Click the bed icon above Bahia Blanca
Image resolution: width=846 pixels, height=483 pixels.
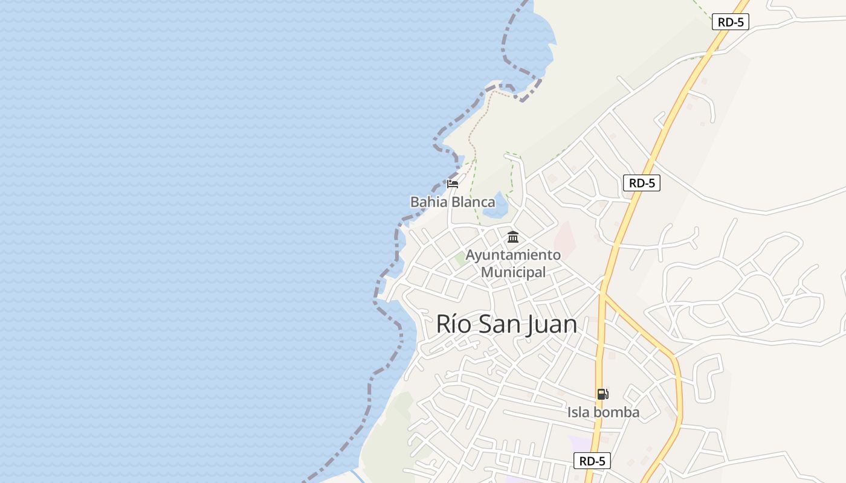(453, 184)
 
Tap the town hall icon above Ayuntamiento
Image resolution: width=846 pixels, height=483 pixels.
(513, 237)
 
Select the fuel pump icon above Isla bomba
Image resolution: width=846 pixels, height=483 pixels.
(602, 394)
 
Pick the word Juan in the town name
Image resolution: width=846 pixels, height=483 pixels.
(552, 325)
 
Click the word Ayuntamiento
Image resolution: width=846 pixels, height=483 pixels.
(513, 255)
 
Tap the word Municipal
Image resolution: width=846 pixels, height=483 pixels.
(513, 272)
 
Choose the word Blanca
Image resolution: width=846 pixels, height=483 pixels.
(474, 202)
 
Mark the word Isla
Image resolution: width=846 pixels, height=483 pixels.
(578, 413)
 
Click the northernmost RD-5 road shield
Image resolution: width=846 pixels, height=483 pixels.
(731, 22)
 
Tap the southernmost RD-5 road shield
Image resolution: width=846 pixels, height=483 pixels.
(592, 461)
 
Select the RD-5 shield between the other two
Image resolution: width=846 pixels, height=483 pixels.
(642, 184)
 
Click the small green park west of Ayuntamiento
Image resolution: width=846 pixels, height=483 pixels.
(460, 259)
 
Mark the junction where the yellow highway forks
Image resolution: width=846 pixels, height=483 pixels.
(603, 295)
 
